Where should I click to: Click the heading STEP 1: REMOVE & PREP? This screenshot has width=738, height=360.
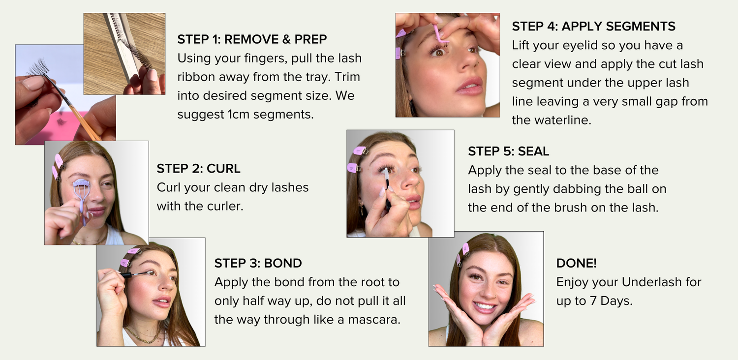[x=252, y=39]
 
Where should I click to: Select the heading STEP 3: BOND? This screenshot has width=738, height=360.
[x=258, y=263]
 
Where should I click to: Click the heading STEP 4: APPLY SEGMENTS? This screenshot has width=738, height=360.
[x=593, y=26]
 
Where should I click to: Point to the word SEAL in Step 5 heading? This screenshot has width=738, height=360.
[x=533, y=151]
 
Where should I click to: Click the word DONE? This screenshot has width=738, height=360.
[x=576, y=263]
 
